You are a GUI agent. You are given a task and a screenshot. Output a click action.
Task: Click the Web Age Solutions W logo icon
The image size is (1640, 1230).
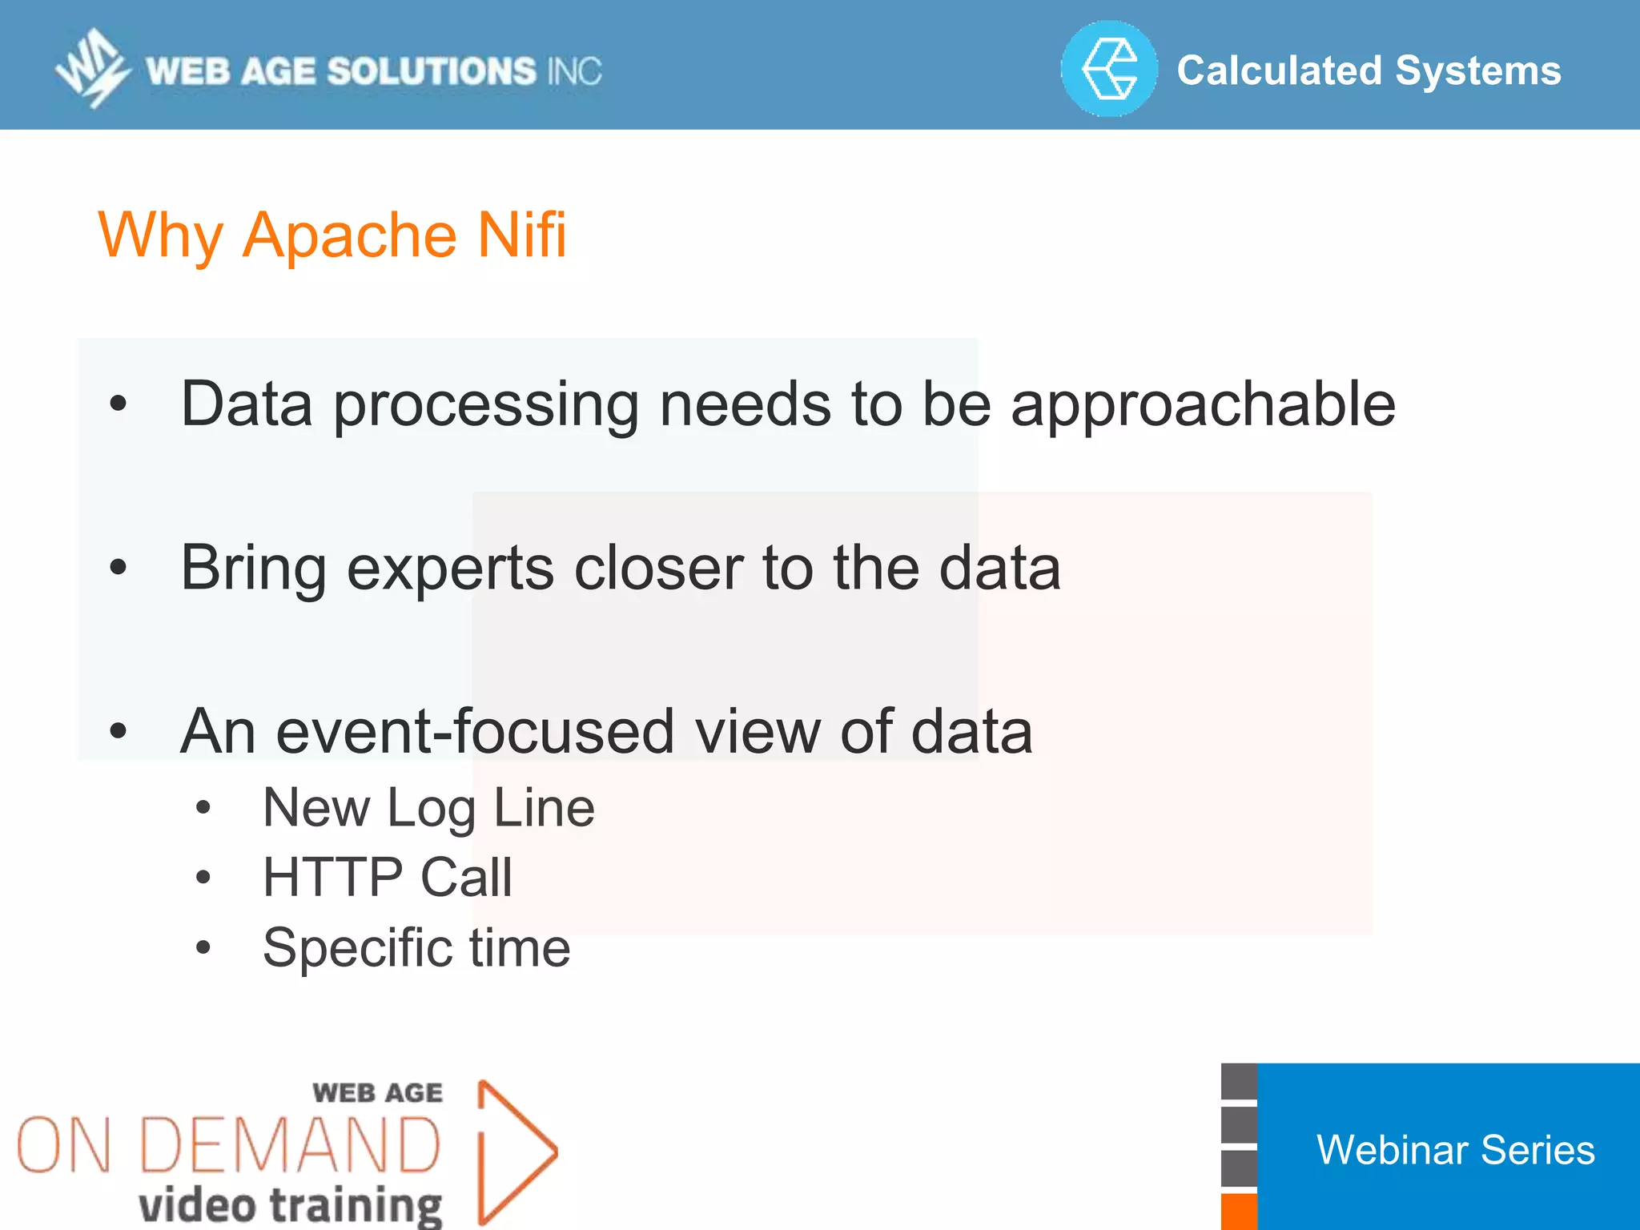click(x=91, y=69)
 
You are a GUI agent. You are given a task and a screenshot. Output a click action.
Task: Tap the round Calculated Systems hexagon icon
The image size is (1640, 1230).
click(x=1109, y=70)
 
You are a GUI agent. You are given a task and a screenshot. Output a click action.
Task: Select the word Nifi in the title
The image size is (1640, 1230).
click(x=522, y=235)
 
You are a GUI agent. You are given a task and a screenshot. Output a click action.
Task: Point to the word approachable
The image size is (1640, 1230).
click(x=1203, y=405)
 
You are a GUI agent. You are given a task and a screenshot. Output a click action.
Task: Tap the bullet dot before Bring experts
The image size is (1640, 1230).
click(x=119, y=568)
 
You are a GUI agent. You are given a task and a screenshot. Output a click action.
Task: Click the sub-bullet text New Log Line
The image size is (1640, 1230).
click(x=428, y=807)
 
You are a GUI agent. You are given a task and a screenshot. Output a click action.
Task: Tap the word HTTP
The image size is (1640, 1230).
click(x=332, y=877)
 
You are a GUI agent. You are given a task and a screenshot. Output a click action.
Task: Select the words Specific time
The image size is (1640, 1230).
click(x=416, y=948)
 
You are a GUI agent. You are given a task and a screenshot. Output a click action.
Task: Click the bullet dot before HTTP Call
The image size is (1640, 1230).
click(x=203, y=878)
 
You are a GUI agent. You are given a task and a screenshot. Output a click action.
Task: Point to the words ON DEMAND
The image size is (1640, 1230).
click(x=229, y=1146)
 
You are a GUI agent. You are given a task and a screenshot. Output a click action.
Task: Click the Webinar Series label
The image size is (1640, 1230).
click(x=1455, y=1150)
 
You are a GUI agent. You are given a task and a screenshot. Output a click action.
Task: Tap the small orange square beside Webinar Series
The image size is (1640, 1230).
click(x=1239, y=1212)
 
